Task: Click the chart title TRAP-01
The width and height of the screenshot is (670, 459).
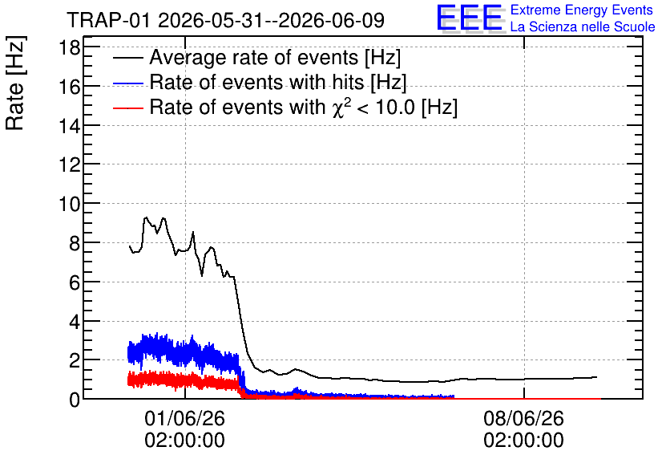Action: coord(109,20)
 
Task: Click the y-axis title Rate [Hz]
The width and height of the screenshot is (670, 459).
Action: coord(14,83)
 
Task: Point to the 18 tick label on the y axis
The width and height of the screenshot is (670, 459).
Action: coord(69,47)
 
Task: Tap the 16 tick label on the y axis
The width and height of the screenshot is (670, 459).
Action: coord(69,87)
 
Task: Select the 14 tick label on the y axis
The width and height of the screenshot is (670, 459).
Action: coord(69,126)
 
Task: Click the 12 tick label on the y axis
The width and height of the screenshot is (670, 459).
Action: coord(69,165)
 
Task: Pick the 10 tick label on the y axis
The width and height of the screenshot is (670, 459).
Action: coord(69,204)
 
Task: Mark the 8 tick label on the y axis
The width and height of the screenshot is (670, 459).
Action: coord(75,243)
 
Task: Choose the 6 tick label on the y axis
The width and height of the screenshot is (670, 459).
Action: coord(75,282)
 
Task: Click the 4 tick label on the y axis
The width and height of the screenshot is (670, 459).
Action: coord(75,321)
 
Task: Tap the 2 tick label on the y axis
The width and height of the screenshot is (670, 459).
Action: coord(75,360)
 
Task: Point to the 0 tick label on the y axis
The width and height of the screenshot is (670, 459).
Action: coord(75,400)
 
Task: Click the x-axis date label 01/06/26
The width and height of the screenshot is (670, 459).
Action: coord(184,418)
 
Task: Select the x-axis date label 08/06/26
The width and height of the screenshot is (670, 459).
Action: coord(524,418)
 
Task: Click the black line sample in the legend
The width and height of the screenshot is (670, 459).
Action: coord(128,58)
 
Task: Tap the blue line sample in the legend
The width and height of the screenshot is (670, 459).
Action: coord(128,83)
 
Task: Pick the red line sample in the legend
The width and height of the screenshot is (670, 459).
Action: coord(128,108)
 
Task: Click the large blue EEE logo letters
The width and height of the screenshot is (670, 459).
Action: coord(470,18)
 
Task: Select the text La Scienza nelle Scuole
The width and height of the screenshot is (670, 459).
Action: coord(583,27)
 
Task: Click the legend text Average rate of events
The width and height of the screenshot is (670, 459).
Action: coord(254,57)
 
